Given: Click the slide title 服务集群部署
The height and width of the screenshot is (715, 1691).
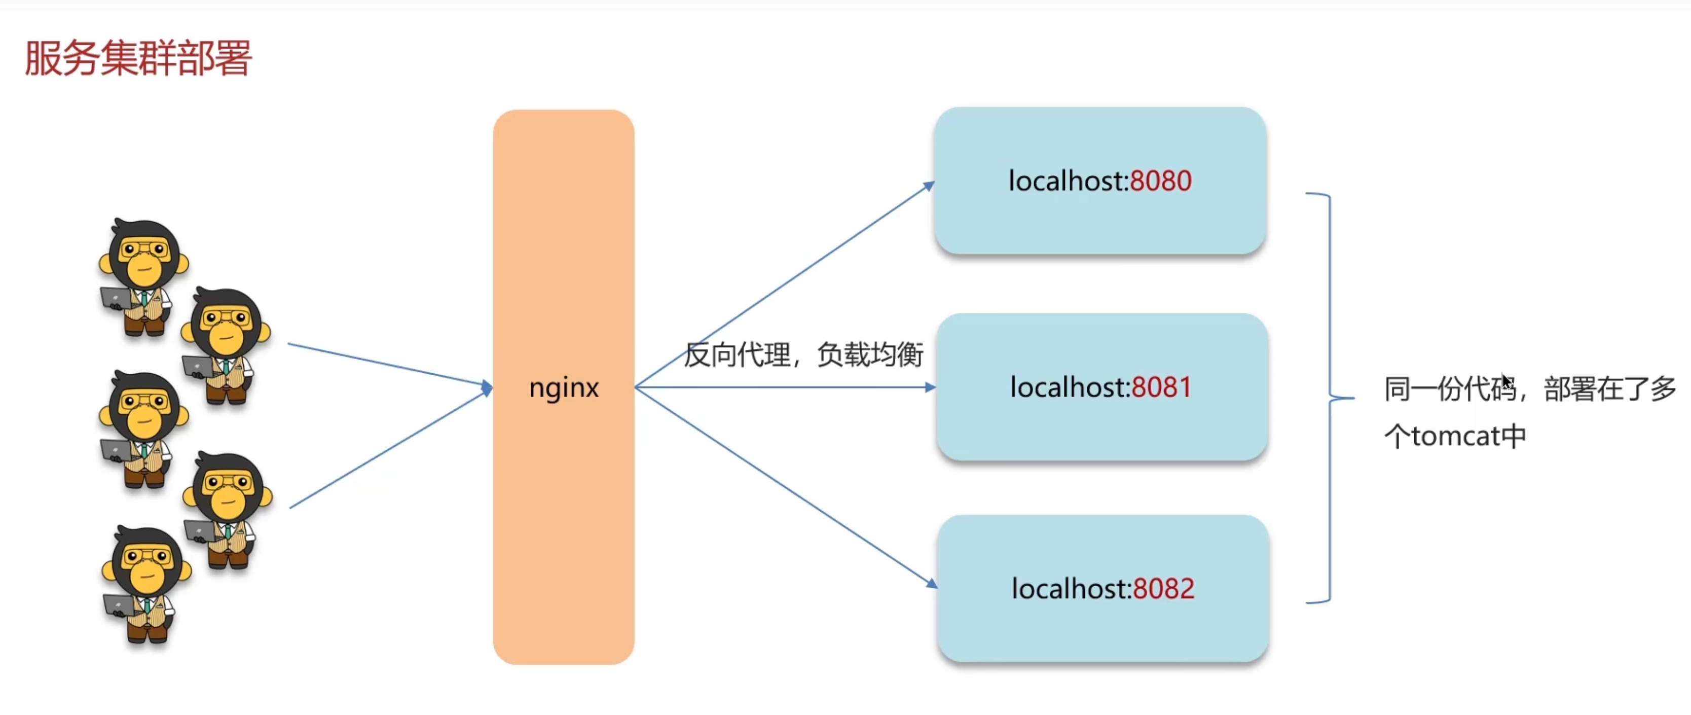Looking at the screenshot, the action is (138, 58).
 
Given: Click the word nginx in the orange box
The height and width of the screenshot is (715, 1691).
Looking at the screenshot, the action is (564, 387).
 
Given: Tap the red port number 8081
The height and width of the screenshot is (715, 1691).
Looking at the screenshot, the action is (1161, 387).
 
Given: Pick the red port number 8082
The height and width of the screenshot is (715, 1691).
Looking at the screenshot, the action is (1163, 588).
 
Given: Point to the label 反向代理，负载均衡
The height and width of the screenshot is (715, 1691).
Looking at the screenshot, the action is (803, 355).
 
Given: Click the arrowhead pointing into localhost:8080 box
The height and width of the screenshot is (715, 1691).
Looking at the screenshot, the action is (929, 186).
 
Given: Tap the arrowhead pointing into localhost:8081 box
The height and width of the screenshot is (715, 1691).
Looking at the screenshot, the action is (930, 387).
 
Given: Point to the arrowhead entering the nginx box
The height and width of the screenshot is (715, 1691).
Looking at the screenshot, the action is (487, 387).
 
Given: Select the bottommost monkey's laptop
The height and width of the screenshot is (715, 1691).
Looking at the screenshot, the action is (119, 604).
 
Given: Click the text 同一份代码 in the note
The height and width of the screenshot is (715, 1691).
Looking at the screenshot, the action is (1450, 389).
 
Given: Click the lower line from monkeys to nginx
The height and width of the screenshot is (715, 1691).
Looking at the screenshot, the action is (387, 449).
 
